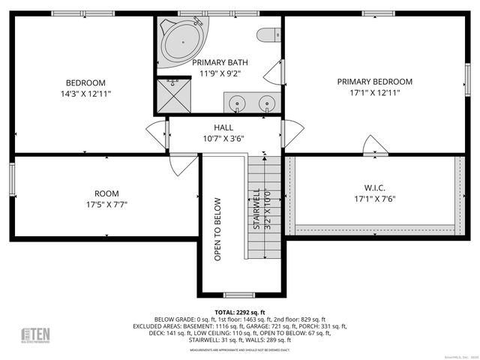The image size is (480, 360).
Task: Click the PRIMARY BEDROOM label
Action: (374, 82)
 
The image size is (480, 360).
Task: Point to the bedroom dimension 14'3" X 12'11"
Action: (85, 94)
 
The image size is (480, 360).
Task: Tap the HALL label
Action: (223, 127)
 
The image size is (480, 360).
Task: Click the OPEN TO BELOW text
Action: (217, 229)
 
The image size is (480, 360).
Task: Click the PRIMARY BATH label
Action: (220, 62)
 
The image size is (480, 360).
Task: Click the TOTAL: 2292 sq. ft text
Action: (240, 312)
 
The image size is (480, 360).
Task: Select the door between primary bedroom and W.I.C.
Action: (370, 145)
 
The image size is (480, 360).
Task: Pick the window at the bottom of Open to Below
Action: (238, 295)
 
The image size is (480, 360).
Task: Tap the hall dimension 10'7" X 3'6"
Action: (223, 138)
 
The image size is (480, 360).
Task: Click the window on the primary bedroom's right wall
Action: (466, 79)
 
